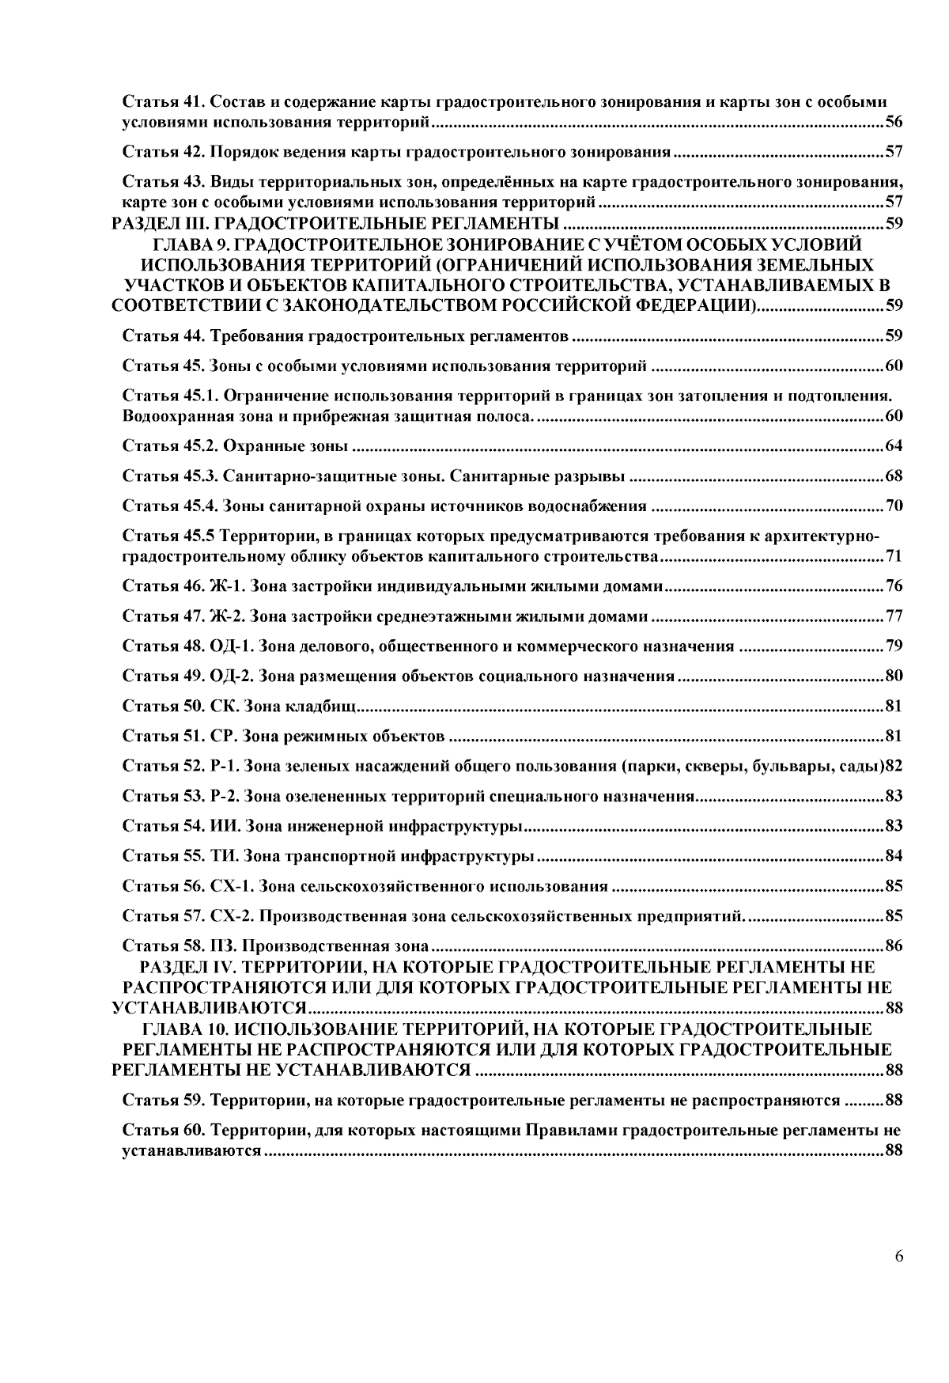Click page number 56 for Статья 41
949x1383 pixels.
pyautogui.click(x=894, y=123)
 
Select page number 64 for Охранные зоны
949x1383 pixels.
pyautogui.click(x=894, y=446)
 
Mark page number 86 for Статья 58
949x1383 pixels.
pyautogui.click(x=894, y=945)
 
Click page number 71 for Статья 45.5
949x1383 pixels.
pyautogui.click(x=894, y=557)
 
